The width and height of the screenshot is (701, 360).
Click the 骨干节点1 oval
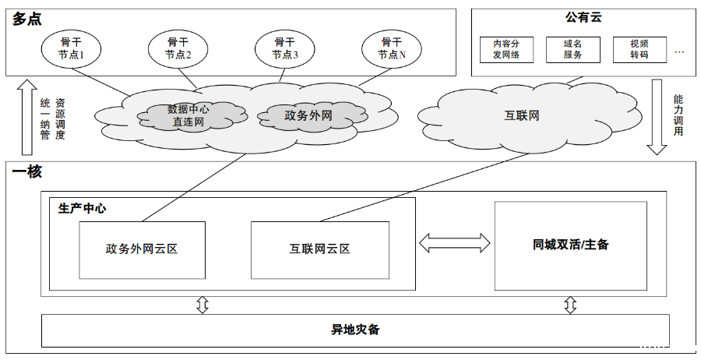point(72,48)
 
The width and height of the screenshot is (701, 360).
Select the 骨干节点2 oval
point(178,48)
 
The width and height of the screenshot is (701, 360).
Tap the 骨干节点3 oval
point(284,48)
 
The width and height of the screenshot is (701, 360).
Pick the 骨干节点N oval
point(391,48)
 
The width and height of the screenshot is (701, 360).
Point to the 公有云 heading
point(583,17)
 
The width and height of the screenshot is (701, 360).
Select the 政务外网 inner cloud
point(308,115)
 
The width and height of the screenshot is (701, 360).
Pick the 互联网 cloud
point(521,116)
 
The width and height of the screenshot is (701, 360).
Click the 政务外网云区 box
point(142,249)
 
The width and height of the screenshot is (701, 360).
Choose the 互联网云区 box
point(319,249)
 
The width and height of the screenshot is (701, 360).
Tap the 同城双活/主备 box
point(571,245)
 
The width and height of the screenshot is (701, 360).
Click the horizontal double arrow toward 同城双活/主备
point(456,243)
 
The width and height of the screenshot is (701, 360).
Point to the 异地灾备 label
point(355,330)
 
